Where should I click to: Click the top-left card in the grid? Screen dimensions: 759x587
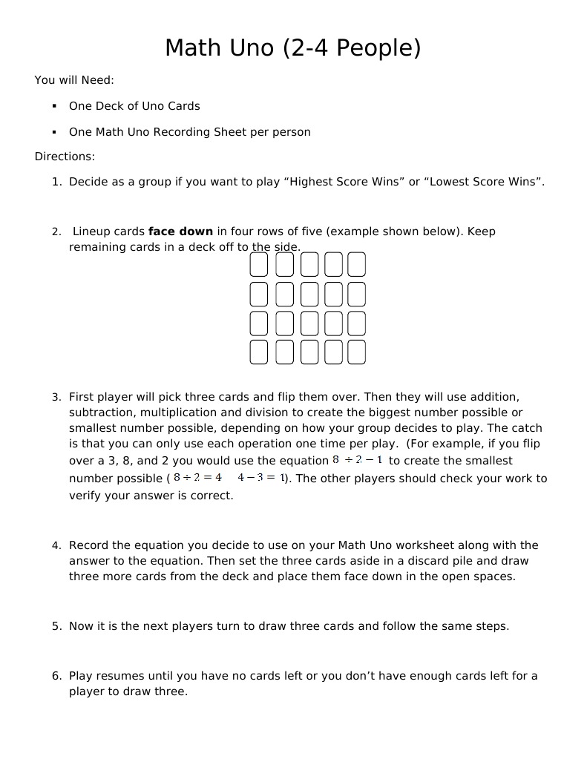(258, 264)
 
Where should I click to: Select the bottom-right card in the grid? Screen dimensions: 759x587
(357, 352)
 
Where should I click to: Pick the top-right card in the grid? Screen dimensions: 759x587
(357, 264)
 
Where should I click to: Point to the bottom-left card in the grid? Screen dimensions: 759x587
(258, 352)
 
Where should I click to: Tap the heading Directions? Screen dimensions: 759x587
(65, 157)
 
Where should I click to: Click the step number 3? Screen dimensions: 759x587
(56, 398)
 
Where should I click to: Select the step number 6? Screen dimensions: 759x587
(56, 676)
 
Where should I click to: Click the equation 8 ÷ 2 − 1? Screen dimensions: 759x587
(358, 460)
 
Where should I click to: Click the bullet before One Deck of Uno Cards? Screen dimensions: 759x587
(54, 106)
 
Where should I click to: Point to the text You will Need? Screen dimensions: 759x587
(74, 80)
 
